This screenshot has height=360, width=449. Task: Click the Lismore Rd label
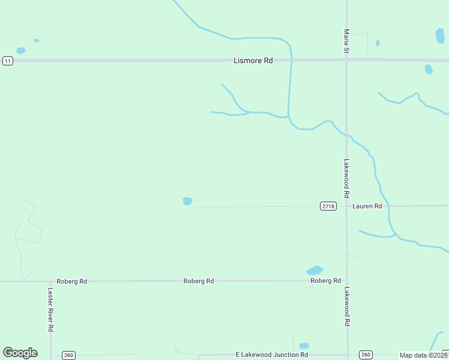click(253, 61)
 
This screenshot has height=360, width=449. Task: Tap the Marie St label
click(346, 42)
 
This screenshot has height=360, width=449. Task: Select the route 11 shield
click(7, 61)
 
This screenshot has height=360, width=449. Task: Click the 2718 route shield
click(328, 206)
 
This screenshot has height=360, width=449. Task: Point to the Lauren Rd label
click(367, 206)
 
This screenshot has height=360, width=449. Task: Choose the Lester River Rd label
click(50, 310)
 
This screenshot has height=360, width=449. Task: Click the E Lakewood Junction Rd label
click(272, 355)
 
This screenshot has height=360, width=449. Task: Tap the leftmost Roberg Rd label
click(72, 281)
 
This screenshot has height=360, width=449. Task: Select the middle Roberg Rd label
click(199, 281)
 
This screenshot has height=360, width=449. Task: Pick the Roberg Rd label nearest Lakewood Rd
click(325, 280)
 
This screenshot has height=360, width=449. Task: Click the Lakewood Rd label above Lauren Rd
click(346, 178)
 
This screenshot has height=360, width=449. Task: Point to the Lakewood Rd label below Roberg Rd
click(346, 306)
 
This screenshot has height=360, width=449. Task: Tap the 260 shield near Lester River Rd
click(68, 355)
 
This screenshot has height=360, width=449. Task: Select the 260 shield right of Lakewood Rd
click(366, 355)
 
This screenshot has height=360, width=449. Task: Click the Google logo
click(20, 353)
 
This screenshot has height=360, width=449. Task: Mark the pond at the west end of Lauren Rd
click(187, 201)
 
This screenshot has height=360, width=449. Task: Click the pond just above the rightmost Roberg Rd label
click(315, 270)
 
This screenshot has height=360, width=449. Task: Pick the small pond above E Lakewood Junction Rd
click(304, 346)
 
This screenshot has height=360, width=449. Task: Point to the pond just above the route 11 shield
click(21, 50)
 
